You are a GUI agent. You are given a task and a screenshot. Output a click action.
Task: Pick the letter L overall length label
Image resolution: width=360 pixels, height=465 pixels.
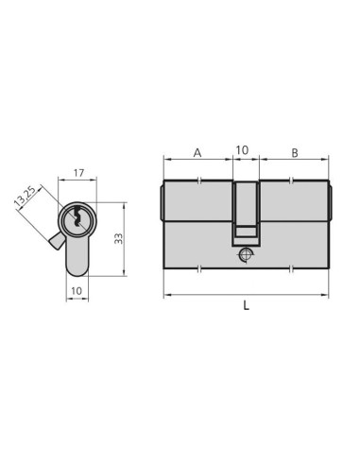(247, 307)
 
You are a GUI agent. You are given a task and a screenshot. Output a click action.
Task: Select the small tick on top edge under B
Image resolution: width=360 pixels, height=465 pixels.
(294, 180)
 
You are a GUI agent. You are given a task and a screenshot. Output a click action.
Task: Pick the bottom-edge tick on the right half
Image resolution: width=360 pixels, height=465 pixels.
(294, 275)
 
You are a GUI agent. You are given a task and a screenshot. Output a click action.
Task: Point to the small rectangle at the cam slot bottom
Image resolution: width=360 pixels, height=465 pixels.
(246, 230)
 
